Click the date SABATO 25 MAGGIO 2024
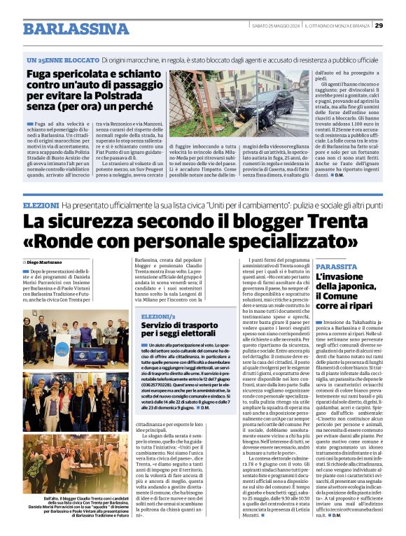pos(276,26)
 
